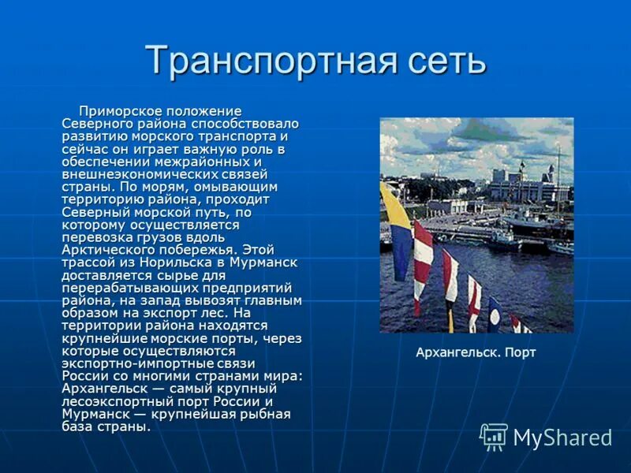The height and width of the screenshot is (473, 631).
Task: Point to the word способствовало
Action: (x=249, y=124)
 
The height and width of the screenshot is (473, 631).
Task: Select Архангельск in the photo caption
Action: (x=455, y=352)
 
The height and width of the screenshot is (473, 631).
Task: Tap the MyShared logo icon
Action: (x=494, y=437)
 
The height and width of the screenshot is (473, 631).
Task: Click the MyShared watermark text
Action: (x=563, y=438)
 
